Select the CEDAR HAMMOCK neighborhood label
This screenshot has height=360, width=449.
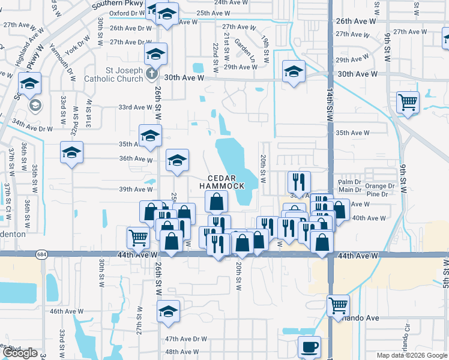[x=227, y=182]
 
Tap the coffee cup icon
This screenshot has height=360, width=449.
[x=310, y=347]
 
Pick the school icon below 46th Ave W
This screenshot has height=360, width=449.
[x=169, y=311]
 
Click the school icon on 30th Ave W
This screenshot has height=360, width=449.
[x=294, y=73]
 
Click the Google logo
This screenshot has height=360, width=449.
[x=20, y=353]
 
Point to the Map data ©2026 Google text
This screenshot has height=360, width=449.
[x=411, y=355]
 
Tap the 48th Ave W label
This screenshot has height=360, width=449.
[x=182, y=352]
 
